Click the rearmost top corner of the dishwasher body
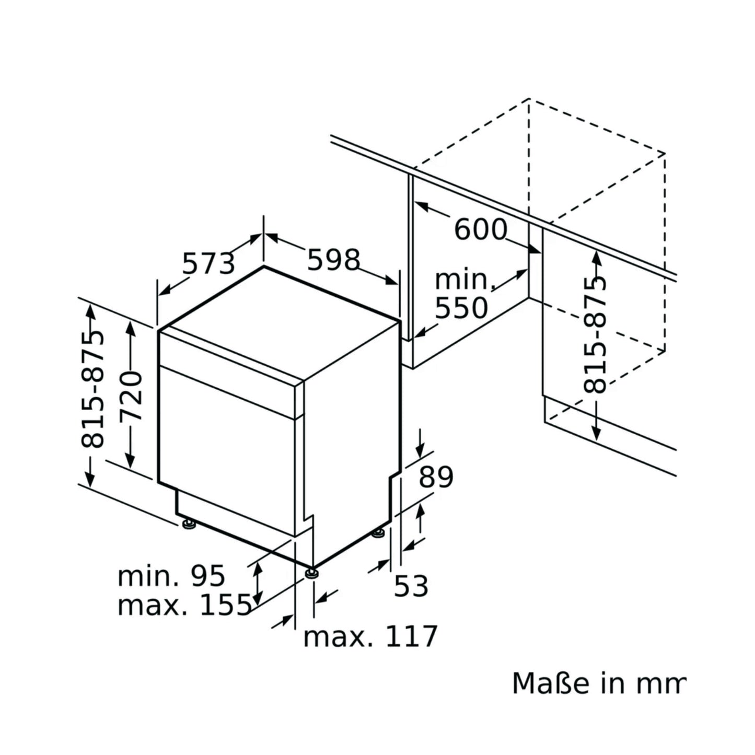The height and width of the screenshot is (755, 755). point(264,266)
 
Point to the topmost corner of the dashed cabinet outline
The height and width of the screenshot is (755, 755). point(529,99)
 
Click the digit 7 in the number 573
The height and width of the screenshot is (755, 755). point(209,264)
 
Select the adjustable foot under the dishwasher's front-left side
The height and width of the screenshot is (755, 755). point(189,524)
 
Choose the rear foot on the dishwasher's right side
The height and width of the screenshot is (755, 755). point(378,533)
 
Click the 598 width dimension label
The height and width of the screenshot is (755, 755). point(333,260)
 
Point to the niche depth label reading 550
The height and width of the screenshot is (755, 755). point(461,308)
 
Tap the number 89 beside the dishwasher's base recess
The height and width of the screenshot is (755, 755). point(436,477)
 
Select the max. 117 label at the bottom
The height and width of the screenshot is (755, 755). point(370,636)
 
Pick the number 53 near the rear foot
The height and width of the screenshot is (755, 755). point(411,586)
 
